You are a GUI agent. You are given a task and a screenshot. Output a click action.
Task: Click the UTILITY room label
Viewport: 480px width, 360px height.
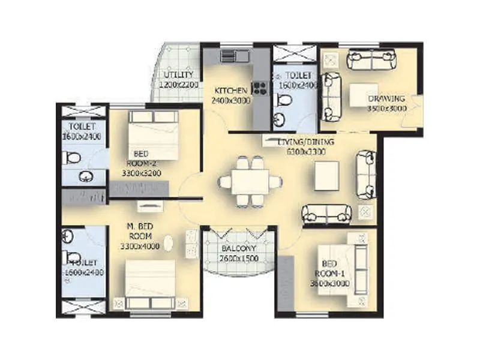pos(179,74)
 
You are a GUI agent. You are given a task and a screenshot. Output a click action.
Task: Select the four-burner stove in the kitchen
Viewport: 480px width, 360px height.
pos(260,89)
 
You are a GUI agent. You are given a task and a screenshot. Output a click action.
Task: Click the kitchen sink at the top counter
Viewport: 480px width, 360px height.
pos(234,56)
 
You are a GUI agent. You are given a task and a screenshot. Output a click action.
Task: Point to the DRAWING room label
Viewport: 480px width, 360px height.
pos(386,98)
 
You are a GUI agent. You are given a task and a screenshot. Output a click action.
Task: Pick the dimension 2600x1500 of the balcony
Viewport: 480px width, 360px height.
pos(239,258)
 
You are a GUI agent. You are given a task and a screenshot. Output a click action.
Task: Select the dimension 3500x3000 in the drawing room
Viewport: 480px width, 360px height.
pos(387,109)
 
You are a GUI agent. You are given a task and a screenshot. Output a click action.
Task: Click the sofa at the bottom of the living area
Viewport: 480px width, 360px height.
pos(326,212)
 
